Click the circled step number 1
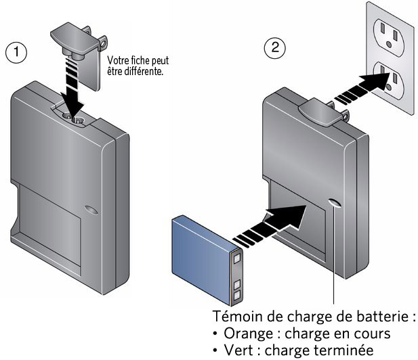click(x=16, y=52)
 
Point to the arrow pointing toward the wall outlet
click(x=365, y=89)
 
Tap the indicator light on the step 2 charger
click(x=335, y=203)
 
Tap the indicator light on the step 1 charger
click(x=91, y=210)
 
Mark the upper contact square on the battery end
click(x=236, y=256)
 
